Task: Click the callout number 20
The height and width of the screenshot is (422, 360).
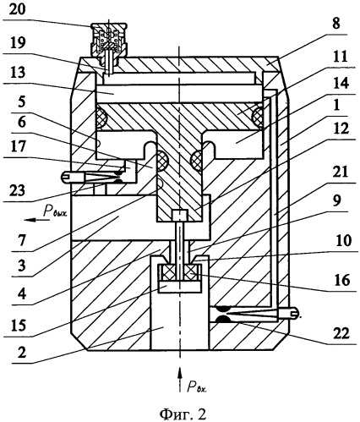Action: (x=17, y=9)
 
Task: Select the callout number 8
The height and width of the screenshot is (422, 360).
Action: (x=336, y=24)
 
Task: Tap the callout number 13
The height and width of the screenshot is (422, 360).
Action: (x=18, y=73)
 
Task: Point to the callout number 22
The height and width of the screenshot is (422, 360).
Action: (x=341, y=334)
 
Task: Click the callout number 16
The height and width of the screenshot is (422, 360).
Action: (x=342, y=280)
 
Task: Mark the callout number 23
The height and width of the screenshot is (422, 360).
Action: (x=18, y=190)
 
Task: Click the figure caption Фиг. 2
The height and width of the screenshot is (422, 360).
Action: (x=183, y=414)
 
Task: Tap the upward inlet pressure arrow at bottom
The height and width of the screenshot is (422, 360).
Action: (x=179, y=380)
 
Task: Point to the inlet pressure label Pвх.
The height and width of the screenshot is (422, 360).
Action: (x=197, y=386)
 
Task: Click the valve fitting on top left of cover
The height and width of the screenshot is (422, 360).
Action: (x=109, y=40)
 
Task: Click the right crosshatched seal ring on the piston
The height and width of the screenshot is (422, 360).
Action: (x=259, y=117)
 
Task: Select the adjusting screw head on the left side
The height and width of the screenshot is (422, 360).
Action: (x=67, y=177)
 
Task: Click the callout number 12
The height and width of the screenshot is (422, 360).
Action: (x=341, y=129)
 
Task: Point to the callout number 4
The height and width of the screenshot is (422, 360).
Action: (x=22, y=293)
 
